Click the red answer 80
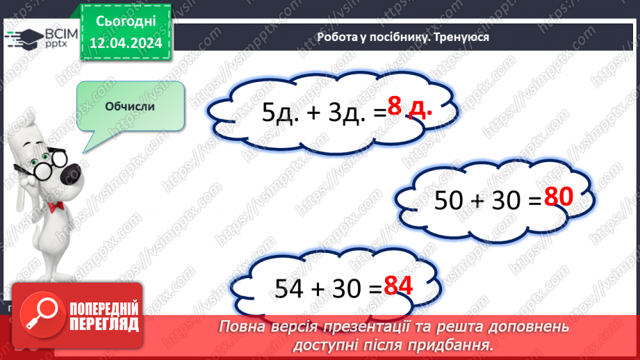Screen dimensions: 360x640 tap(558, 199)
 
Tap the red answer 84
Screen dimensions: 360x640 tap(399, 286)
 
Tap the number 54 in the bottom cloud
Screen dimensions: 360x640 tap(290, 288)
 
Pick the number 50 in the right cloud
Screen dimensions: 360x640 tap(450, 201)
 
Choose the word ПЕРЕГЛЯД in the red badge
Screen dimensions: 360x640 tap(104, 324)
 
